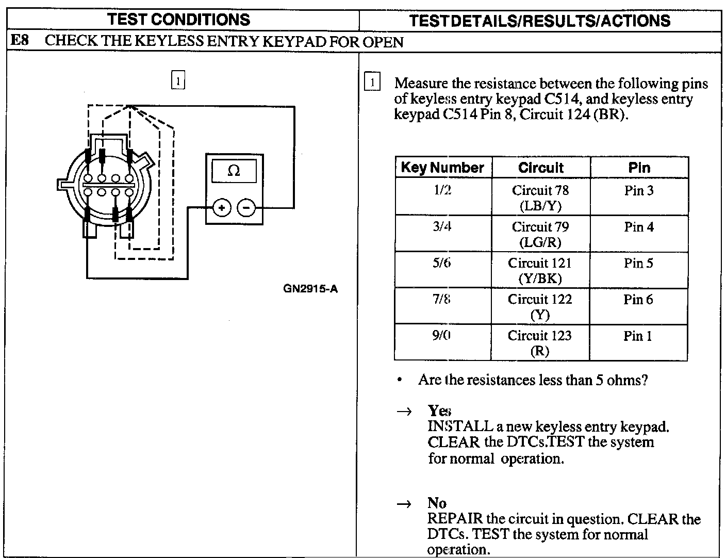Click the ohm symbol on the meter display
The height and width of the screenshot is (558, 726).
tap(234, 171)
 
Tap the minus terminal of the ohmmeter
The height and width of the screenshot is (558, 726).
tap(246, 208)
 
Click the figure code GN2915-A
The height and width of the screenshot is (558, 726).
tap(310, 289)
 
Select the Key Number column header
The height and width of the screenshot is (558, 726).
tap(442, 168)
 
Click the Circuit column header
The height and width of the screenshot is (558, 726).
tap(541, 168)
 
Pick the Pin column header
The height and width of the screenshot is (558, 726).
tap(639, 168)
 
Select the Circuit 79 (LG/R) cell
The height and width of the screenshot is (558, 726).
tap(540, 234)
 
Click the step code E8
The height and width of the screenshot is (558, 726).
tap(20, 41)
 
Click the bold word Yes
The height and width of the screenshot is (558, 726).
tap(439, 411)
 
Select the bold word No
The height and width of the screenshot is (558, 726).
tap(437, 503)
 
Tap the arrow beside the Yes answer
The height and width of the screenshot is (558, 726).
tap(405, 411)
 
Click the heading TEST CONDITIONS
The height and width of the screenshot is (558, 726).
tap(179, 20)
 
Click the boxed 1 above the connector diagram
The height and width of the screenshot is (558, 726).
tap(177, 81)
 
